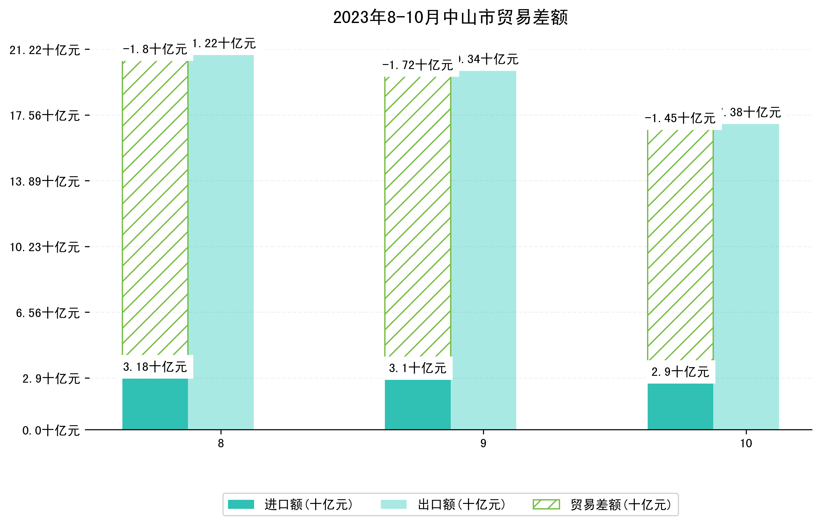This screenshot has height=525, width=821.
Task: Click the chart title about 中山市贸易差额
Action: [x=450, y=17]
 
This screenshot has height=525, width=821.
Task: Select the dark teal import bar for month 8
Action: [x=155, y=404]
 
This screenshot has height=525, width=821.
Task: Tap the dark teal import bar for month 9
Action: [x=418, y=405]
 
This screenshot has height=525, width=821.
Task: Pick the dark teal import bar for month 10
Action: [x=680, y=406]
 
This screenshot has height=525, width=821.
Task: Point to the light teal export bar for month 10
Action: [x=746, y=277]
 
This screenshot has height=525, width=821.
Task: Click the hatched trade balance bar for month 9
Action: [x=418, y=217]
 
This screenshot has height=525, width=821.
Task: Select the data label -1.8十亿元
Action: [x=155, y=49]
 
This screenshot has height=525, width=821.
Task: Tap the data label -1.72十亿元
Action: [x=418, y=65]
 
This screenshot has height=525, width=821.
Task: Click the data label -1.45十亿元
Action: [x=680, y=118]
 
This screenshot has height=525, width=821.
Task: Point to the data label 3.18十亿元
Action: [x=155, y=367]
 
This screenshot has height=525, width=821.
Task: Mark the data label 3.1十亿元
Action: [x=418, y=368]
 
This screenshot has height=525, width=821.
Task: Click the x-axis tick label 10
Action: [x=746, y=444]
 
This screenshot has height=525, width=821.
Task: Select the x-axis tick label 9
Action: [x=483, y=444]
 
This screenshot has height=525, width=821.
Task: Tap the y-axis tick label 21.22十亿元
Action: [x=45, y=50]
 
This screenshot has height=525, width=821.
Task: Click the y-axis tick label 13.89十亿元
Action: [x=45, y=182]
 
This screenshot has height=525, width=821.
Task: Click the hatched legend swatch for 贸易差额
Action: [x=546, y=504]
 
